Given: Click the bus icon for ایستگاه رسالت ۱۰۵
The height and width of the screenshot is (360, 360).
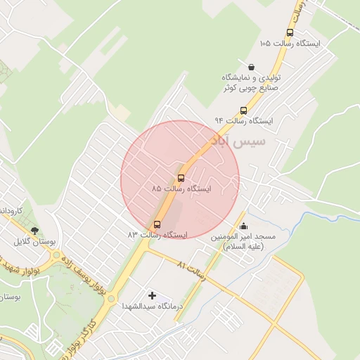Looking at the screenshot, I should pyautogui.click(x=290, y=32).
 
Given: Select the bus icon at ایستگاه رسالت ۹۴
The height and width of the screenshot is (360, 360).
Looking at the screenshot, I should pyautogui.click(x=244, y=110).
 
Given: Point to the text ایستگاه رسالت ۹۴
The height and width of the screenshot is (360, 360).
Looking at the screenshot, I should pyautogui.click(x=243, y=121).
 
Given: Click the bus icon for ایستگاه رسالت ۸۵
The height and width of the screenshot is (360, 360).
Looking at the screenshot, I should pyautogui.click(x=181, y=177).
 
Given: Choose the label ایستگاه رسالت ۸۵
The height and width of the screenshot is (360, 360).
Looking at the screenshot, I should pyautogui.click(x=181, y=189).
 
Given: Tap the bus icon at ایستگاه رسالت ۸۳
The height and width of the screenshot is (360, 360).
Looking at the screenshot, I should pyautogui.click(x=157, y=225).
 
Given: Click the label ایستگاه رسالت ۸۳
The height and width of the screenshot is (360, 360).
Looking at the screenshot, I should pyautogui.click(x=157, y=235).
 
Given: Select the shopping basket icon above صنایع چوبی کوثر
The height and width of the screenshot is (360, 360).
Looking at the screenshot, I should pyautogui.click(x=251, y=66).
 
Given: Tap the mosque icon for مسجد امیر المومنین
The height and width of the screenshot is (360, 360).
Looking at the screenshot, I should pyautogui.click(x=243, y=226).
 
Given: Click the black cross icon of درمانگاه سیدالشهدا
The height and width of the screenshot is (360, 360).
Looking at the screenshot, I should pyautogui.click(x=152, y=295).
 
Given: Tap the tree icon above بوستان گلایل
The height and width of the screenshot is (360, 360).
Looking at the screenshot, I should pyautogui.click(x=34, y=231).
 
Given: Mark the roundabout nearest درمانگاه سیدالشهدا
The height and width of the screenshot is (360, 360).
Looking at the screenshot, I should pyautogui.click(x=111, y=298).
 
